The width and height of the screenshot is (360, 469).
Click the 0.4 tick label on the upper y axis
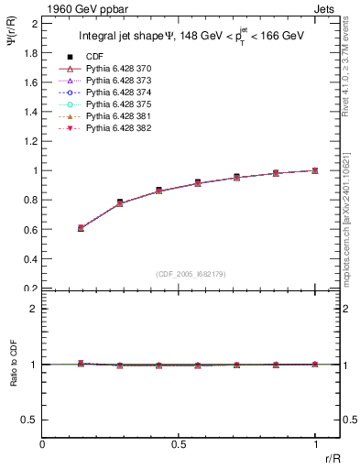click(x=30, y=259)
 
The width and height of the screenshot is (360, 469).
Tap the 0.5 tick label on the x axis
click(x=179, y=445)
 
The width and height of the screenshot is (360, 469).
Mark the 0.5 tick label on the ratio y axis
click(x=30, y=420)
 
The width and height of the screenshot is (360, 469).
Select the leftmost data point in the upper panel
click(x=81, y=227)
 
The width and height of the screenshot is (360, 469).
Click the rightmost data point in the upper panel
click(x=315, y=170)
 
